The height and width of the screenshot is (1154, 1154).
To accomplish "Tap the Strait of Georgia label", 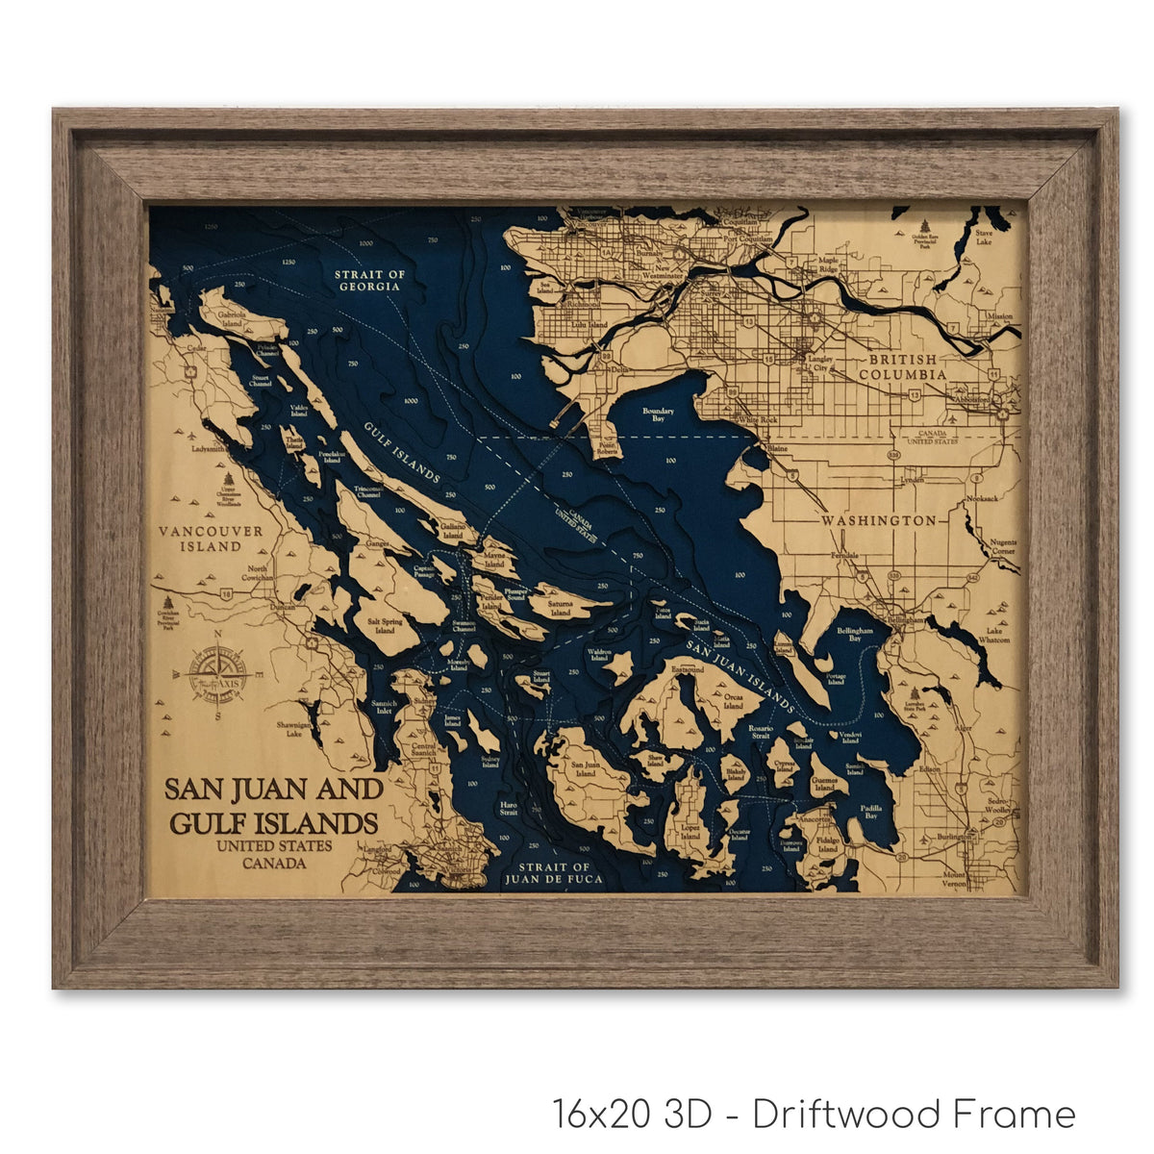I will click(x=369, y=281).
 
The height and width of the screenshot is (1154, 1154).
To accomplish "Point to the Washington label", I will click(x=878, y=520).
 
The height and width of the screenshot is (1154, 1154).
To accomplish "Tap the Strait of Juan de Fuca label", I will click(x=556, y=873).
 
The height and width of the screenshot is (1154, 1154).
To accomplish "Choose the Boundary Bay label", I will click(x=658, y=415).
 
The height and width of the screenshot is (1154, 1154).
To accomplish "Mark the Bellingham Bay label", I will click(x=855, y=635).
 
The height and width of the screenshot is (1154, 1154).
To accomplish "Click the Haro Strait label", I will click(x=508, y=808).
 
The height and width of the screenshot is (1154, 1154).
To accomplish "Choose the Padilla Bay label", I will click(x=870, y=811).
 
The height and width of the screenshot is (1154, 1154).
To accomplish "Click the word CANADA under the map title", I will click(x=274, y=863).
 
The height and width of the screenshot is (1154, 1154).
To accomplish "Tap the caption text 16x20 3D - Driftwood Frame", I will click(x=814, y=1115).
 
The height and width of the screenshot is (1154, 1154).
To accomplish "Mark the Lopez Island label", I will click(x=690, y=832).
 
